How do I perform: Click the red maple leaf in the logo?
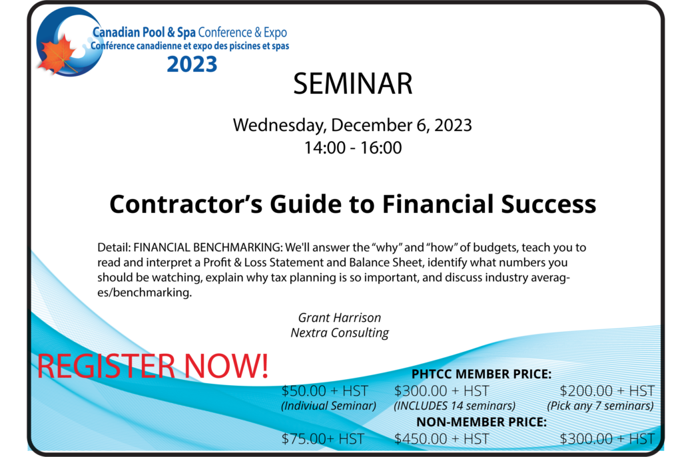tap(57, 54)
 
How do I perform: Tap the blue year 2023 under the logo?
tap(192, 65)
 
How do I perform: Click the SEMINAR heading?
tap(353, 83)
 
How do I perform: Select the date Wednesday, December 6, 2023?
tap(352, 125)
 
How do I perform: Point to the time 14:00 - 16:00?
tap(353, 148)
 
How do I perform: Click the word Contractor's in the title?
tap(186, 204)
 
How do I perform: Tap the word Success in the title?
tap(548, 204)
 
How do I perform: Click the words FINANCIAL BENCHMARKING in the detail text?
tap(208, 247)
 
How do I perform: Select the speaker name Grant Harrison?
tap(339, 317)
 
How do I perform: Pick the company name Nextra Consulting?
tap(339, 333)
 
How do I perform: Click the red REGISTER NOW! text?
tap(153, 366)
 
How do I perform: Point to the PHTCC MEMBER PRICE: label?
tap(482, 374)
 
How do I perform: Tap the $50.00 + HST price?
tap(324, 391)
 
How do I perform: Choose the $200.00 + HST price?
tap(607, 391)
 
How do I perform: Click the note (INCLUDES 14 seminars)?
tap(454, 406)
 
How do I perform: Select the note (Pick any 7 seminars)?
tap(600, 406)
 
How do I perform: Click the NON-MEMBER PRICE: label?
tap(482, 422)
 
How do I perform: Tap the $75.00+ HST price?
tap(323, 439)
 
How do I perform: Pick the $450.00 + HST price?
tap(442, 439)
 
